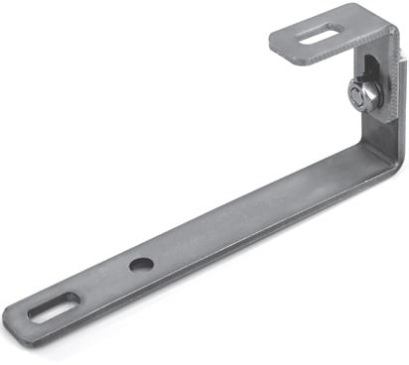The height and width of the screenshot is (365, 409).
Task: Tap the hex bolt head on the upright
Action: coord(364,95)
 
